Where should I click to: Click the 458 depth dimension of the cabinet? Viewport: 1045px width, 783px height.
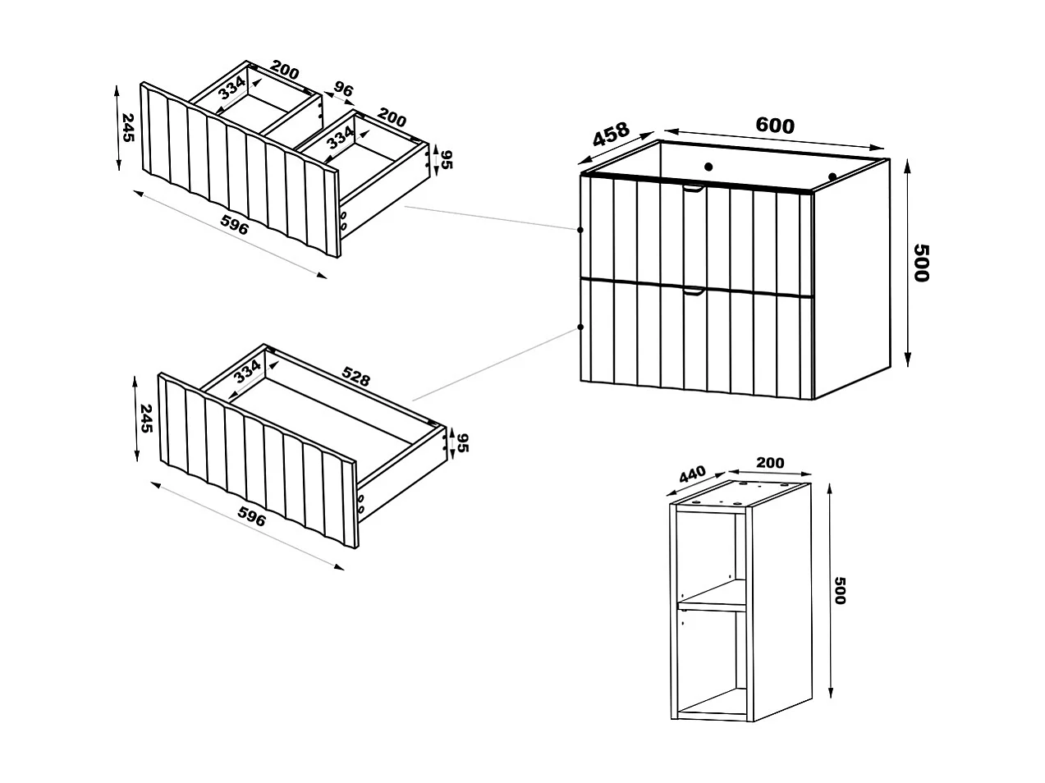click(611, 135)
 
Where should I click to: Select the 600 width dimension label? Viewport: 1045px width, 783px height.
click(775, 126)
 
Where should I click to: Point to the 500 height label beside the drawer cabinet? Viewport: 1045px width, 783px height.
click(921, 263)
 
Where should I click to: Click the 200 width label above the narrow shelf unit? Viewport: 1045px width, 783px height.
click(769, 463)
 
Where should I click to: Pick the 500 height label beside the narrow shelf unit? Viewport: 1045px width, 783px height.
click(839, 590)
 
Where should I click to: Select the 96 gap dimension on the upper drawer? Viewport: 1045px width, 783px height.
click(343, 89)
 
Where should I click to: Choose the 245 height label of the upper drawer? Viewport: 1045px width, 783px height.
click(127, 128)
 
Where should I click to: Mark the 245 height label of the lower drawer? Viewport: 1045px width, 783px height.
click(146, 418)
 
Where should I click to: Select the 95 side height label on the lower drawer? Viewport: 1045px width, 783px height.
click(461, 442)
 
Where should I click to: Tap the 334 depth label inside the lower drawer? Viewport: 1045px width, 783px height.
click(247, 371)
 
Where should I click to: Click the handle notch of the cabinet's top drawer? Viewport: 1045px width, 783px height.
click(694, 190)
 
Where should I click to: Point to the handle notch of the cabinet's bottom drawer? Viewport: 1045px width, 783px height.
click(694, 291)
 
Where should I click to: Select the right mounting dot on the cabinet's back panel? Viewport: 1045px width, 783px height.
click(832, 176)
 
